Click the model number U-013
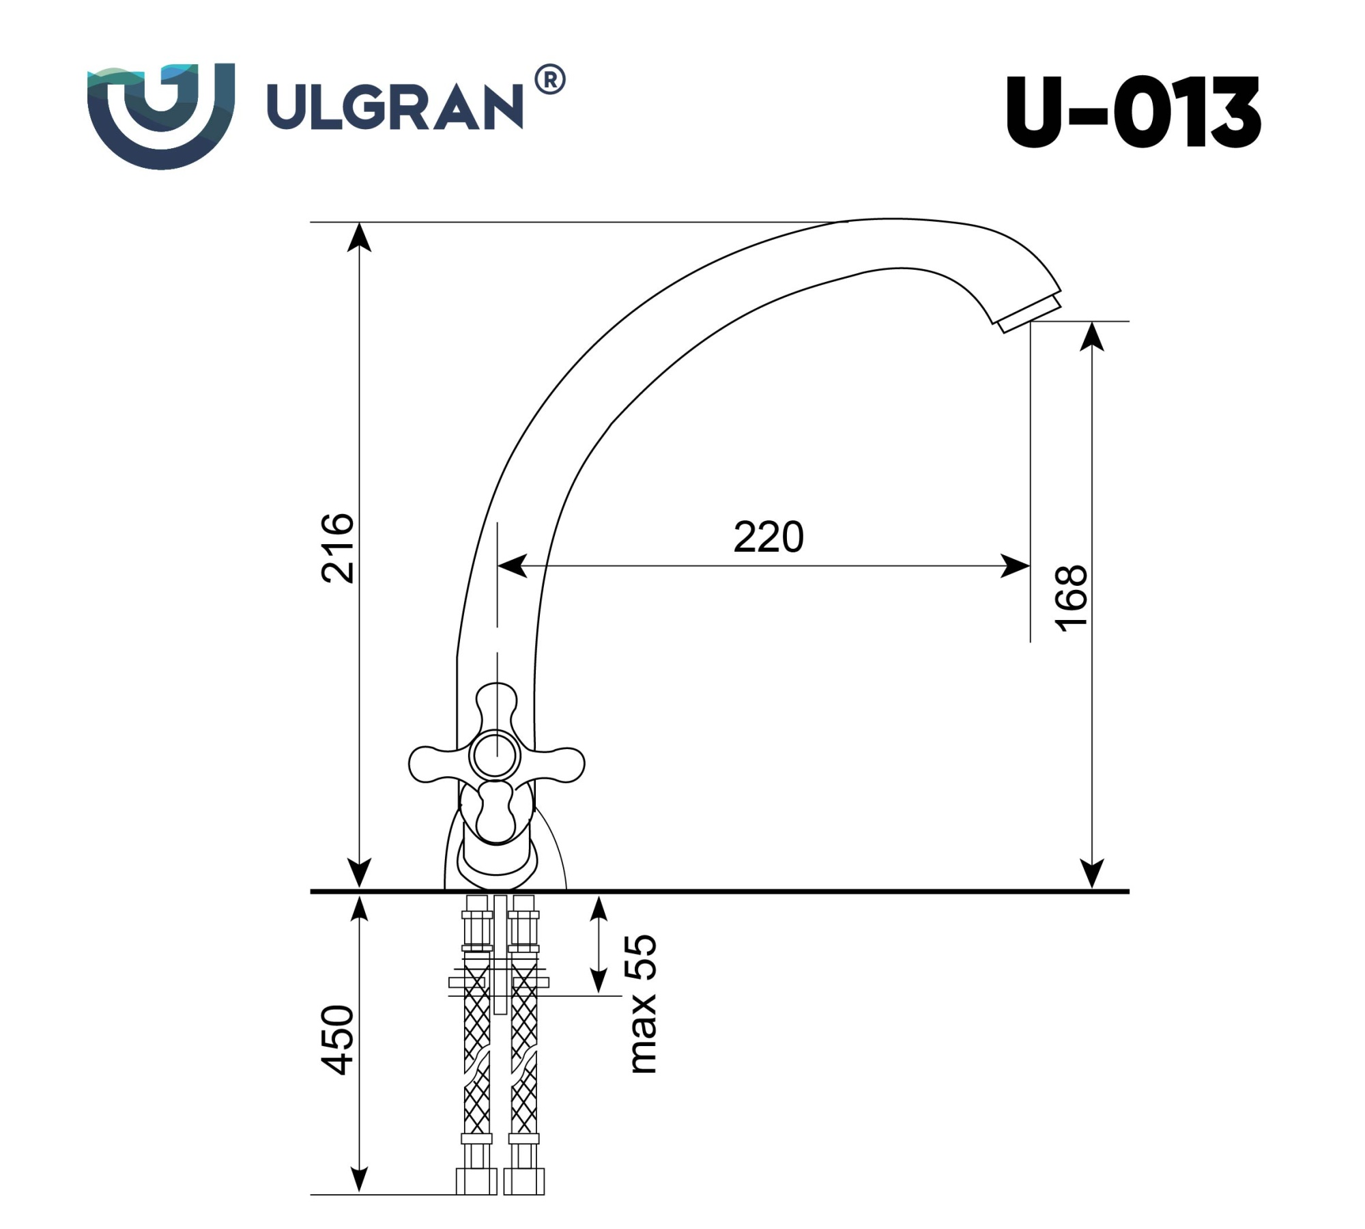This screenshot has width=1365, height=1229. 1132,113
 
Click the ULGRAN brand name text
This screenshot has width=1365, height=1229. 394,107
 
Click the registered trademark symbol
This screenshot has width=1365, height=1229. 549,80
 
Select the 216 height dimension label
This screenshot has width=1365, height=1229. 339,548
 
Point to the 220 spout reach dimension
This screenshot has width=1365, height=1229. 768,537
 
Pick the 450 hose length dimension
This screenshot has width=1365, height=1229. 339,1040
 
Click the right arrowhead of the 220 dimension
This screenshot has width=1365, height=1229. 1017,566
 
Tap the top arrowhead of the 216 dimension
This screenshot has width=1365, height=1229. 359,236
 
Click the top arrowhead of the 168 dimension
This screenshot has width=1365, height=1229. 1093,336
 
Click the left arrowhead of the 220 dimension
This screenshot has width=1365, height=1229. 512,566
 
